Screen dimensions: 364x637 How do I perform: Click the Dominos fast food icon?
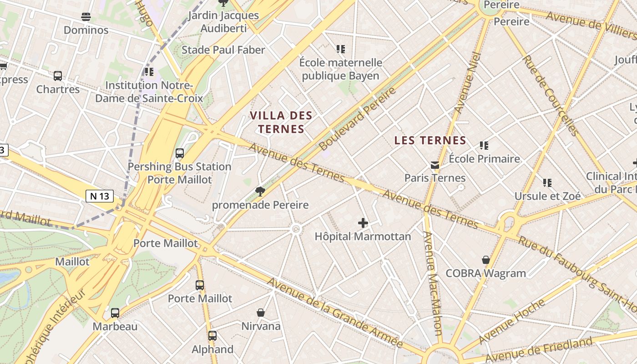tap(86, 17)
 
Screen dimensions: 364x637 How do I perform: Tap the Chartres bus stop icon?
tap(58, 76)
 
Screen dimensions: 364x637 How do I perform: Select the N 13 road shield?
tap(99, 196)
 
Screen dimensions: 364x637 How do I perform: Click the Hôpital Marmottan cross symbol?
tap(363, 223)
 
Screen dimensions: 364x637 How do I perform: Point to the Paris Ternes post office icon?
tap(435, 165)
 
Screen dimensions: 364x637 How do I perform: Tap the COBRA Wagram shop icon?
tap(486, 260)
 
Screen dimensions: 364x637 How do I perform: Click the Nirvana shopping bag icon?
tap(261, 313)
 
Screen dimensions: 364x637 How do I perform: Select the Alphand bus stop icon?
tap(212, 336)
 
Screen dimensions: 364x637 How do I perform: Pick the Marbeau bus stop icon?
tap(115, 313)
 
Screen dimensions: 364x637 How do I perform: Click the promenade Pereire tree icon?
tap(260, 192)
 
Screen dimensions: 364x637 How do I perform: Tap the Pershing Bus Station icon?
tap(180, 153)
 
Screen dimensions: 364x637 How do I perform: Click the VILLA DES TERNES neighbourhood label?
tap(281, 122)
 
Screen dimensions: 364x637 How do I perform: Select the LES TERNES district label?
tap(430, 140)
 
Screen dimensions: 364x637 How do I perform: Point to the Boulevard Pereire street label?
tap(357, 119)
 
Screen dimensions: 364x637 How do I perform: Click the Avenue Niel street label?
tap(468, 83)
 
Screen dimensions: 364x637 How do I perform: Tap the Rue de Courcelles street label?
tap(551, 96)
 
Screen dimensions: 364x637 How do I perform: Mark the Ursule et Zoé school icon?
tap(547, 183)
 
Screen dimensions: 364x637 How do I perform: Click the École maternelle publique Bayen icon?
tap(341, 49)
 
